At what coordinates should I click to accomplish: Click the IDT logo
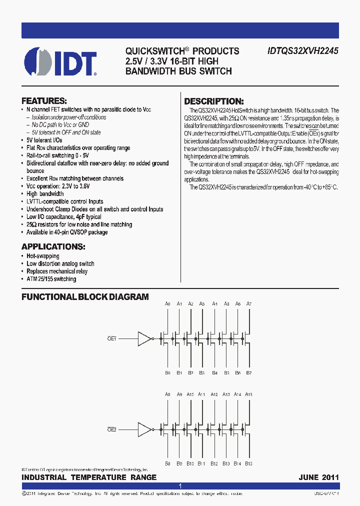pos(59,61)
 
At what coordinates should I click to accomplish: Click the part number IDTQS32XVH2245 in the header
pos(302,51)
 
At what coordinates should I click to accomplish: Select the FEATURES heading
pos(44,100)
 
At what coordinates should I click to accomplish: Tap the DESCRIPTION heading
pos(214,101)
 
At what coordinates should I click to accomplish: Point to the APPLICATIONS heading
pos(53,247)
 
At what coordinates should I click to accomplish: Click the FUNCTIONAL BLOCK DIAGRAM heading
pos(85,297)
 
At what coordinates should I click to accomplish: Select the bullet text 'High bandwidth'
pos(45,193)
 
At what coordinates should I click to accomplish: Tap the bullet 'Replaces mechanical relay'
pos(57,271)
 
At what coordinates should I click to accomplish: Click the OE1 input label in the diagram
pos(111,338)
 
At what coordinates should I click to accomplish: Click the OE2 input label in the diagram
pos(111,429)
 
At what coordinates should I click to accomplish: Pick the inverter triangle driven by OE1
pos(144,338)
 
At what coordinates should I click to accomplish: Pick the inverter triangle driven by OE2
pos(144,429)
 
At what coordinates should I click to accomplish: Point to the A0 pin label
pos(167,304)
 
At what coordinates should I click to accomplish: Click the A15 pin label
pos(248,394)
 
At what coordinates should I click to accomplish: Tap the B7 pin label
pos(249,373)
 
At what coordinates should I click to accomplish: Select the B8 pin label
pos(167,463)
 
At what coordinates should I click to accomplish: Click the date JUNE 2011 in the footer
pos(319,477)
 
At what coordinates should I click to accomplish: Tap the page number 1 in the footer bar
pos(180,486)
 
